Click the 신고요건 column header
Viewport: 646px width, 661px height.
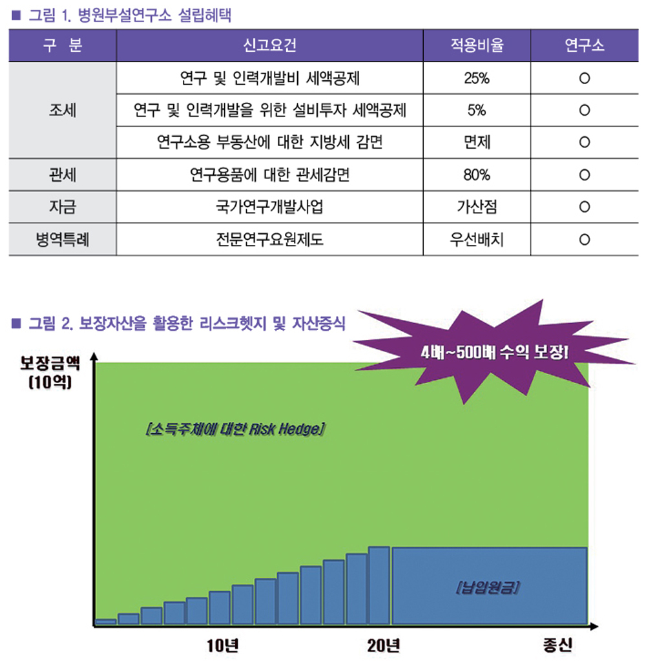click(270, 45)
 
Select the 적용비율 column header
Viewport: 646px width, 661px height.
click(477, 45)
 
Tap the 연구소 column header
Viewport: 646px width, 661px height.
click(584, 45)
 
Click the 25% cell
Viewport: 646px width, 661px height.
click(477, 79)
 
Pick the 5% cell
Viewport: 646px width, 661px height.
click(477, 110)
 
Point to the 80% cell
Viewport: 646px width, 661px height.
click(477, 174)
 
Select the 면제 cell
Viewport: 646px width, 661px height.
click(477, 142)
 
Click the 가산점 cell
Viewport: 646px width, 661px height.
click(477, 207)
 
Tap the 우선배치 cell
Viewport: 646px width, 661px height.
click(477, 240)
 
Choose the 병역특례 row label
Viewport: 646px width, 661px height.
click(62, 240)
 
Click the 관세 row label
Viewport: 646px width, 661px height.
click(62, 174)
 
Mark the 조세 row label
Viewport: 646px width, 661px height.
click(62, 110)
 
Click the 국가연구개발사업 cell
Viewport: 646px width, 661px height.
click(269, 207)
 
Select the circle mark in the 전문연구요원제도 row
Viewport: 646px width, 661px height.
click(584, 240)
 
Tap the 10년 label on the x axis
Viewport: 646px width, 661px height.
click(223, 645)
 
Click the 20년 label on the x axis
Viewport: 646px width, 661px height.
click(384, 645)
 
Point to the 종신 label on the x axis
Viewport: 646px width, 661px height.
click(557, 645)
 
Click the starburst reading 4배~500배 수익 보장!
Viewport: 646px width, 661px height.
click(494, 353)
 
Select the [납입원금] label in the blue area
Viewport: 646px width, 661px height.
click(488, 589)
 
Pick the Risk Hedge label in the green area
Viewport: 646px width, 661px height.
click(234, 428)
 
